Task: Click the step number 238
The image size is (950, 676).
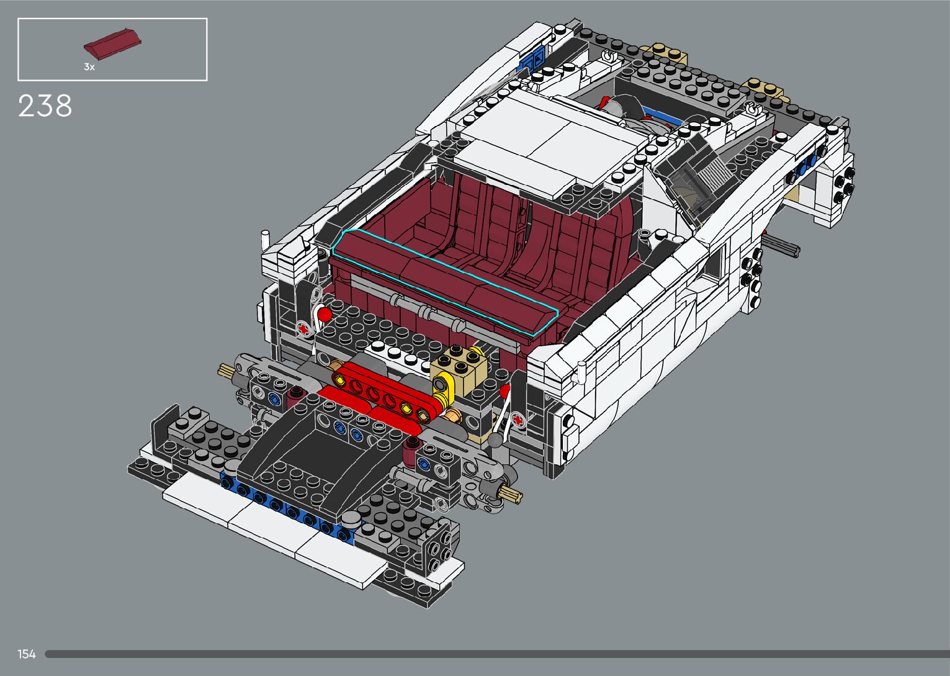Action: pos(45,106)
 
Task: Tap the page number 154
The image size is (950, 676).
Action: pos(26,654)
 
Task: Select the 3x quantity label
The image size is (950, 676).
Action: pos(89,66)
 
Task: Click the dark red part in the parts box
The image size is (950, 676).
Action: pos(112,43)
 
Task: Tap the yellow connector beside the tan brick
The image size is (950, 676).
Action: pos(444,389)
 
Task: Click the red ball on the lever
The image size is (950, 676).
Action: pos(325,315)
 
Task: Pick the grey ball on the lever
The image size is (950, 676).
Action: pos(495,440)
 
